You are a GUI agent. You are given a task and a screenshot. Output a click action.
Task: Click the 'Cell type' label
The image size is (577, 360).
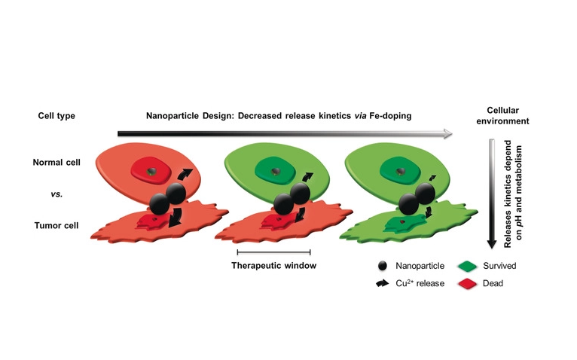[x=56, y=116]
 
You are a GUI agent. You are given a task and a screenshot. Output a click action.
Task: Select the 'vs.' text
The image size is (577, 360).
[x=56, y=194]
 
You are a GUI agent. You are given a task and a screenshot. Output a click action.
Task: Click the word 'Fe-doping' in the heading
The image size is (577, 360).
[x=386, y=116]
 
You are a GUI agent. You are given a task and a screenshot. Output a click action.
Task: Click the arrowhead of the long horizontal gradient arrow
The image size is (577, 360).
[x=447, y=133]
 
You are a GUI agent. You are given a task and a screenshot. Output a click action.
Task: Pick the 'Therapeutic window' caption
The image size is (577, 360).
[x=273, y=265]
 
